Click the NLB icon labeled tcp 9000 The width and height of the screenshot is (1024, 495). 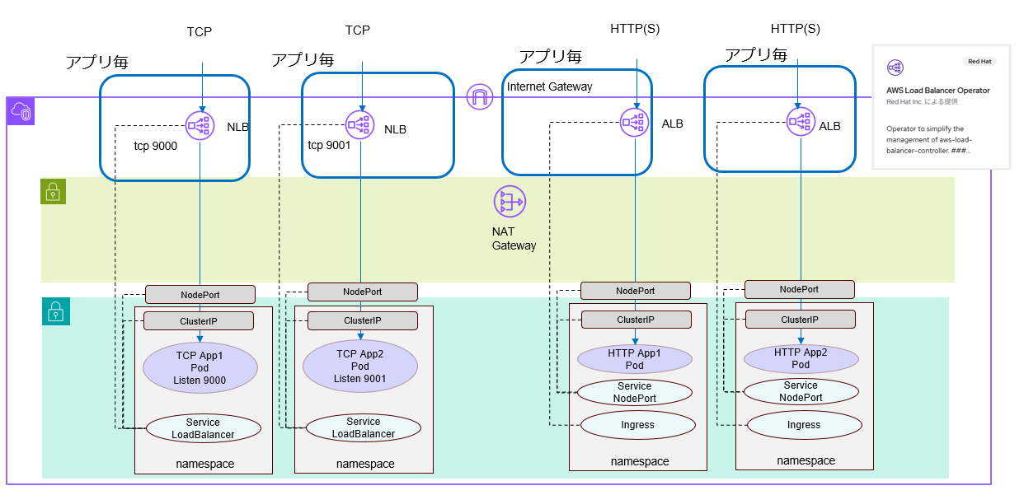[x=201, y=125]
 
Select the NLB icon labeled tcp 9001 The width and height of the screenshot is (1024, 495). [x=360, y=125]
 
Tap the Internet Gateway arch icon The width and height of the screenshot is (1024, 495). [x=479, y=97]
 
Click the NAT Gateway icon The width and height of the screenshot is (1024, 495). [x=509, y=202]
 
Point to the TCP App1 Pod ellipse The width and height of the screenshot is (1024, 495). [x=200, y=367]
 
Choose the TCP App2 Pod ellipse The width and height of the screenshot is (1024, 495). [x=359, y=367]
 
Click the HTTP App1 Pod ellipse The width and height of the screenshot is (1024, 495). [x=634, y=359]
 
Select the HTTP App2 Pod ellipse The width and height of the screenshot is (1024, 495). [x=800, y=358]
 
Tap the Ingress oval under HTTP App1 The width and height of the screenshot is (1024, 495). [x=636, y=425]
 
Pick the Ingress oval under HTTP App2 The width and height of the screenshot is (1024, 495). [x=803, y=425]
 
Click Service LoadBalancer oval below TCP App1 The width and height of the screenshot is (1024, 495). [x=203, y=428]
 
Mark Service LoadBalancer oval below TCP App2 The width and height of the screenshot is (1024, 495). [x=363, y=427]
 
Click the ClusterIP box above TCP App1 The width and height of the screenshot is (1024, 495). [x=199, y=321]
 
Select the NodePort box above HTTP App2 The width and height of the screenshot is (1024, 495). [x=799, y=289]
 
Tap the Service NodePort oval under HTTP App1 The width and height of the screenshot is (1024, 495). [x=633, y=392]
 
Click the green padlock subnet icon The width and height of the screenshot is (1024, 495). [x=54, y=193]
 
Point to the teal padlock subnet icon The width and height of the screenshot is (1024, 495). [x=55, y=311]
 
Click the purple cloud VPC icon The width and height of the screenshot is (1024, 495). [x=21, y=111]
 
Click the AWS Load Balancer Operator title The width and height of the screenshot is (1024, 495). [x=938, y=91]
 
